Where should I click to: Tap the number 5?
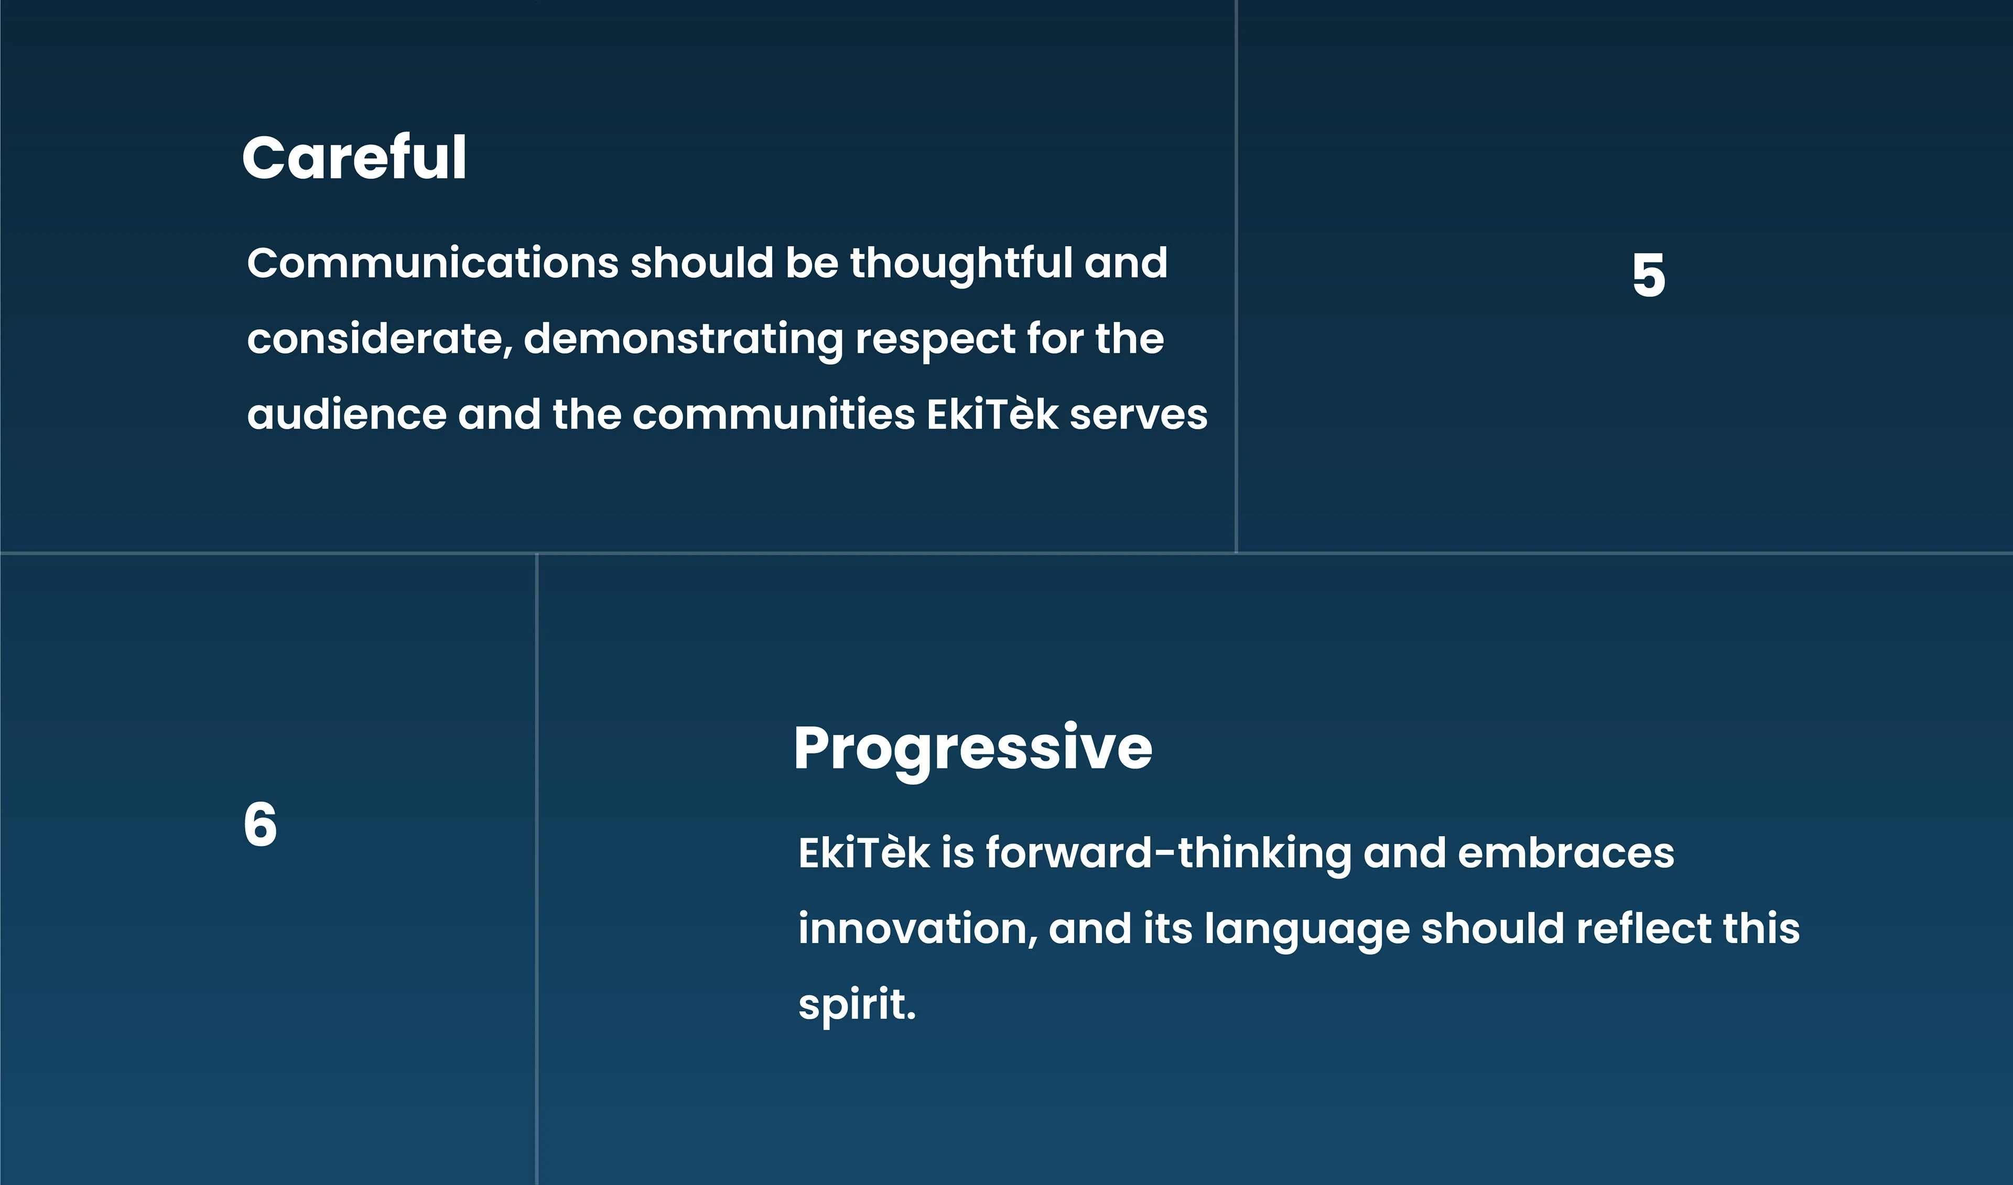1649,276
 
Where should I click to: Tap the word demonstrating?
684,339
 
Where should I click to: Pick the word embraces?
1566,853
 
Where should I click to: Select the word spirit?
857,1005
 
